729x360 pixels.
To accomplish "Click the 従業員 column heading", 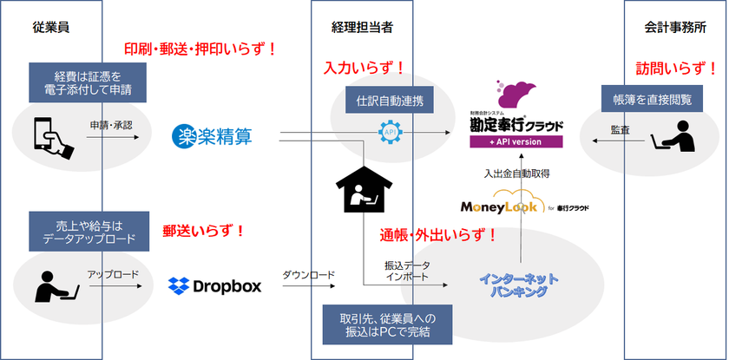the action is coord(51,28).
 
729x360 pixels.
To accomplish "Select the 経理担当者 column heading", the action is coord(362,28).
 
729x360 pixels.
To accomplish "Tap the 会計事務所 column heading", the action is coord(675,28).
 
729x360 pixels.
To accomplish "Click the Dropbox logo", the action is coord(215,285).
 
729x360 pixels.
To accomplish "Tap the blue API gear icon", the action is coord(390,133).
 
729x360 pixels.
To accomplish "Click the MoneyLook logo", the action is coord(524,204).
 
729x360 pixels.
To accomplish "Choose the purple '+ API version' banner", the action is coord(516,141).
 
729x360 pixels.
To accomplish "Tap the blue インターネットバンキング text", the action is coord(519,285).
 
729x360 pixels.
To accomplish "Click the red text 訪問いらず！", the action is coord(676,69).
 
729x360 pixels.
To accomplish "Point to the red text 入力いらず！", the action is coord(364,68).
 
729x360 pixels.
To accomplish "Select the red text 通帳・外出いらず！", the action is coord(438,235).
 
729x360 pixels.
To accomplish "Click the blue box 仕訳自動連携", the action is coord(390,101).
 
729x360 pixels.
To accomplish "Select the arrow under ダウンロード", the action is coord(309,286).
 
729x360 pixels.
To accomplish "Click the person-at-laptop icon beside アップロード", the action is coord(56,285).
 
